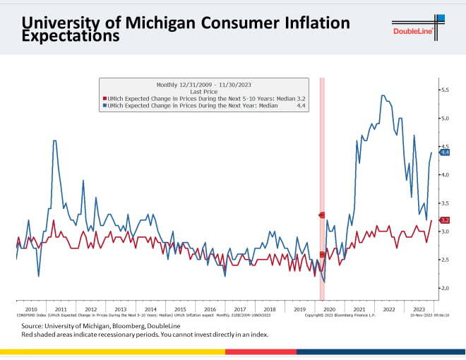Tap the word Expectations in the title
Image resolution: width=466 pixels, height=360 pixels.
71,37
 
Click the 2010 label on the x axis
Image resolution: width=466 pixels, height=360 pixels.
31,309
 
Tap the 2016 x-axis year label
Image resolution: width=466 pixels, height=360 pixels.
210,309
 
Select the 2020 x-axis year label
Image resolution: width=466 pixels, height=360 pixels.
328,309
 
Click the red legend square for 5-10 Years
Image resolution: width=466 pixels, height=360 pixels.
104,97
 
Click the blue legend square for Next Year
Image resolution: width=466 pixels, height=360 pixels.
104,104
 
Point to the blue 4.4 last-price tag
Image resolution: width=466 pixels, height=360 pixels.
445,152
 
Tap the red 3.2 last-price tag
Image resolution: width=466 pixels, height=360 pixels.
445,220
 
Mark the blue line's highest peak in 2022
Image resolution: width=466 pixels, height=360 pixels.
382,95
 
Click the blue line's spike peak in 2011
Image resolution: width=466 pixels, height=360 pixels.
55,141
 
